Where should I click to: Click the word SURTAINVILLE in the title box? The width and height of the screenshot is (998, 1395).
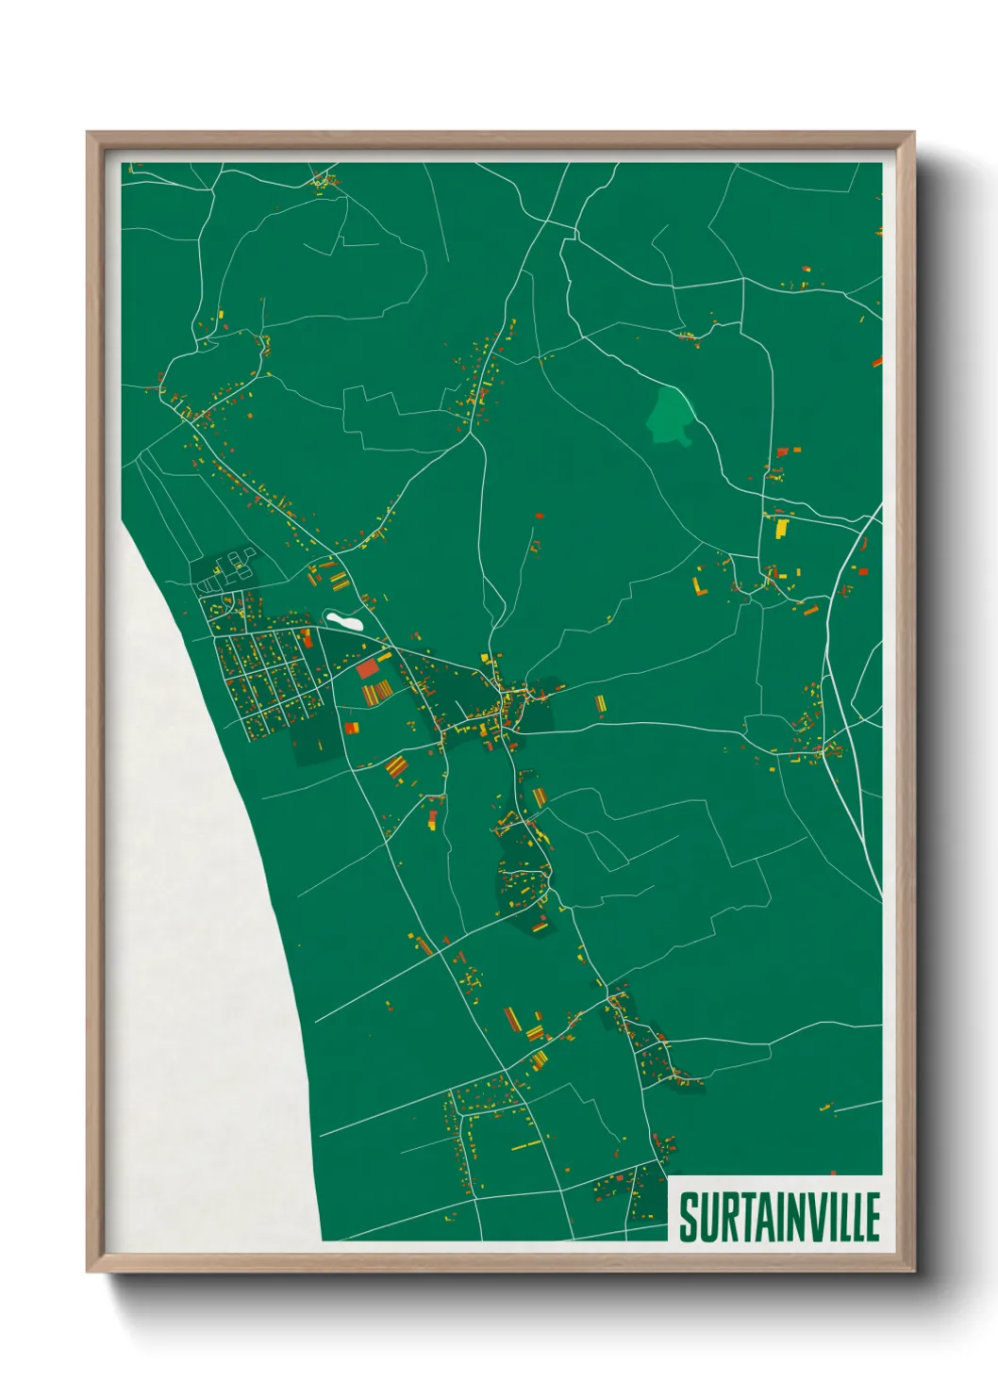click(x=779, y=1217)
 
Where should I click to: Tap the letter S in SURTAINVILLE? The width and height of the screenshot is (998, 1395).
click(x=689, y=1217)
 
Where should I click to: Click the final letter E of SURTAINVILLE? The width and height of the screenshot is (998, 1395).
click(x=872, y=1217)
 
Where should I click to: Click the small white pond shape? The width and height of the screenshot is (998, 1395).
click(x=344, y=621)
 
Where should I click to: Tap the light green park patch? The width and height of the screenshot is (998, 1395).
click(x=671, y=418)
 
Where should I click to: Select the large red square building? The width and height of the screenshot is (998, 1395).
click(x=367, y=668)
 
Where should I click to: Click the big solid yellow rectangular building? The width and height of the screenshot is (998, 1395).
click(x=781, y=528)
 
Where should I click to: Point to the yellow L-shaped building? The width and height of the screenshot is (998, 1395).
click(x=699, y=586)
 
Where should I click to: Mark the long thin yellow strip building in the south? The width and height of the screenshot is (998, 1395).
click(x=526, y=1146)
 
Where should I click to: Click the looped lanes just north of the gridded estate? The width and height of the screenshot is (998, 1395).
click(x=226, y=571)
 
